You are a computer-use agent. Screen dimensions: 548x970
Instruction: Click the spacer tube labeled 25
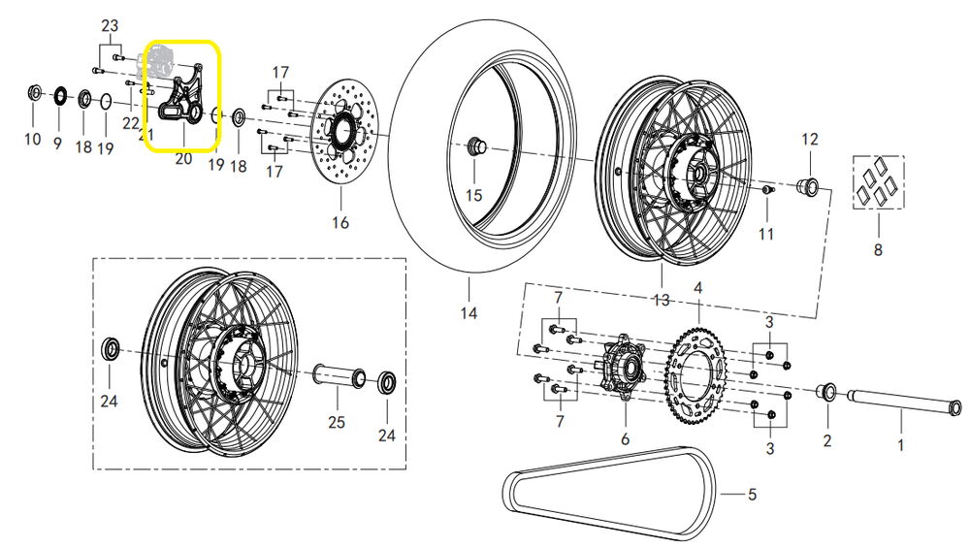click(x=337, y=378)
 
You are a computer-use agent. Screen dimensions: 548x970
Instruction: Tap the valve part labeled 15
click(x=474, y=146)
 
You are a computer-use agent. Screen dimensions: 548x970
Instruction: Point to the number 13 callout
click(x=661, y=302)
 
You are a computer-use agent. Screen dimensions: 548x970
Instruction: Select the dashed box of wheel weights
click(x=878, y=181)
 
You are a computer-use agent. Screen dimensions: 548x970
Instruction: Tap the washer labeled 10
click(x=33, y=93)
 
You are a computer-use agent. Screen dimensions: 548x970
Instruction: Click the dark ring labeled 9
click(x=57, y=95)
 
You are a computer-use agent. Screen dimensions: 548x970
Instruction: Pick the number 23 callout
click(x=110, y=24)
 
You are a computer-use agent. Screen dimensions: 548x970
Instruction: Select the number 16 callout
click(x=339, y=223)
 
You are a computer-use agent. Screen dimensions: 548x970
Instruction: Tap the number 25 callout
click(x=337, y=422)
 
